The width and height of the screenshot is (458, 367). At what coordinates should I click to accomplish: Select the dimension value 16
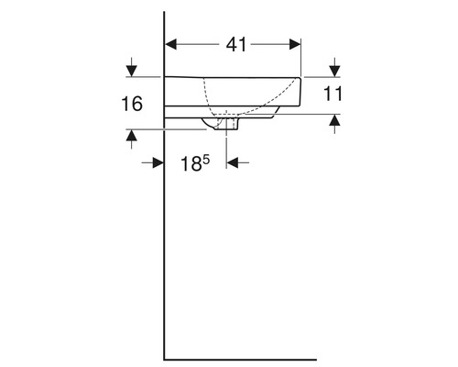pyautogui.click(x=132, y=104)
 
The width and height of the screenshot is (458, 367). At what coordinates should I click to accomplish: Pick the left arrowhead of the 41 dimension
pyautogui.click(x=170, y=43)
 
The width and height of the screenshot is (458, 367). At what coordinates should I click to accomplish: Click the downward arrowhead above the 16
pyautogui.click(x=134, y=70)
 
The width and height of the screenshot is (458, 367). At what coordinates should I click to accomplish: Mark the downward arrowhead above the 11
pyautogui.click(x=334, y=70)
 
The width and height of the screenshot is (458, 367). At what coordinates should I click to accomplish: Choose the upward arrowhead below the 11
pyautogui.click(x=334, y=120)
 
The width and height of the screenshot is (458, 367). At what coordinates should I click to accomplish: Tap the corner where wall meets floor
pyautogui.click(x=164, y=356)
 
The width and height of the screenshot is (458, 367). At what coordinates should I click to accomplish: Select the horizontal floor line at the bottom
pyautogui.click(x=238, y=356)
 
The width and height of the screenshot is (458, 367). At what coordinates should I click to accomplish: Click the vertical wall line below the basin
pyautogui.click(x=164, y=248)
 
